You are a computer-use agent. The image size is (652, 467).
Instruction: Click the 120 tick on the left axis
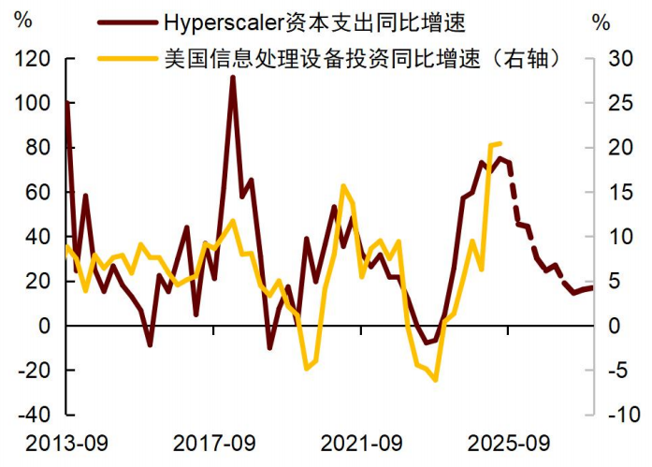(x=35, y=58)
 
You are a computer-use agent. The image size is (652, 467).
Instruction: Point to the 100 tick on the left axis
(x=35, y=103)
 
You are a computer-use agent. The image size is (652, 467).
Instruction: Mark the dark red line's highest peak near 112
(x=232, y=77)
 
